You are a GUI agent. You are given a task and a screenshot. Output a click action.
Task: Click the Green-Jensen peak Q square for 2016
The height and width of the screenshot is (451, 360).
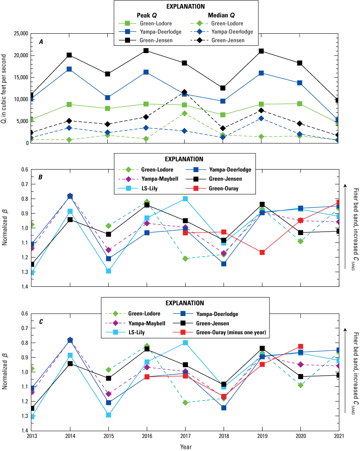[x=146, y=51]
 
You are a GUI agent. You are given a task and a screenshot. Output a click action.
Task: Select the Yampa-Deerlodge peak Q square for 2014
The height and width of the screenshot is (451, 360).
[x=70, y=69]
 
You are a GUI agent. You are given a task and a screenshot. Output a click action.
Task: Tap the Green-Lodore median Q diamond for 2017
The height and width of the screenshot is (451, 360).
[x=185, y=113]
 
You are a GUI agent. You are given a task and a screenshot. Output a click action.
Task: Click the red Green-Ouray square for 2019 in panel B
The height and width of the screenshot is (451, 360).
[x=262, y=252]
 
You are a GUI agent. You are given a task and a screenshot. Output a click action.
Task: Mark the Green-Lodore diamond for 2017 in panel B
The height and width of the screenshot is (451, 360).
[x=185, y=258]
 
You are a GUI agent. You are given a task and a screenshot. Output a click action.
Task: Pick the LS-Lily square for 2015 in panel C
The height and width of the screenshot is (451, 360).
[x=108, y=415]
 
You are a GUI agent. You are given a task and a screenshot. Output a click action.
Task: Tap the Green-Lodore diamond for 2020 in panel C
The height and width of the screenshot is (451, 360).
[x=301, y=385]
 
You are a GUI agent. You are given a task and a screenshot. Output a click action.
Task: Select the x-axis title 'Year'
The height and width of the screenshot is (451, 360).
[x=185, y=446]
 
